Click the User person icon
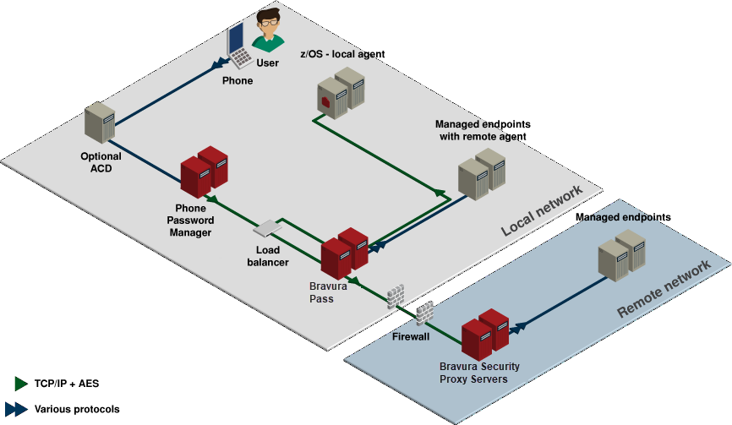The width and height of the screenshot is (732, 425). pos(268,31)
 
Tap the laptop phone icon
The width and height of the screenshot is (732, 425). pos(238,46)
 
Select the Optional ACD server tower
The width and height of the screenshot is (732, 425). pos(100,124)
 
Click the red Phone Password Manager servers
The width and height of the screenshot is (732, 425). pos(204,172)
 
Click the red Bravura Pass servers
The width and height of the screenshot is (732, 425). pos(345,253)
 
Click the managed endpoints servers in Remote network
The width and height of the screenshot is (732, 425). pos(621,252)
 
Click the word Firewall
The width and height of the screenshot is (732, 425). pos(412,336)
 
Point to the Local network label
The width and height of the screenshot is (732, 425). pos(541,210)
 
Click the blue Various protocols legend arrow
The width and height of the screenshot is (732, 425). pos(17,409)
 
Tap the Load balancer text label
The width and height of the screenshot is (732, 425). pos(268,256)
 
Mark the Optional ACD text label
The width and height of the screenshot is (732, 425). pos(101,161)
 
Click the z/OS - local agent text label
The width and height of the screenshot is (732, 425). pos(342,54)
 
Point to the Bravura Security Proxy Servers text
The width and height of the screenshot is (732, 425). pos(479,373)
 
